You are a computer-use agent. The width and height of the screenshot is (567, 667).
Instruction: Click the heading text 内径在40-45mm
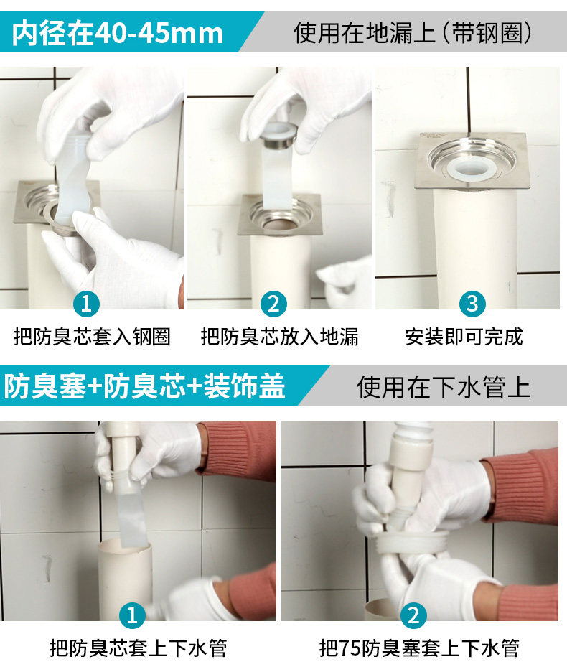coord(118,33)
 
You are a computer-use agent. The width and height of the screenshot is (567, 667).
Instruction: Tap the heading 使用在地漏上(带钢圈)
coord(413,33)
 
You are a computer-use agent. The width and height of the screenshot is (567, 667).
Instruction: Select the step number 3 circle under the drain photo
coord(472,304)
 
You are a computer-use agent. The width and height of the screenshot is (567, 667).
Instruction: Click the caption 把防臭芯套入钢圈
coord(93,337)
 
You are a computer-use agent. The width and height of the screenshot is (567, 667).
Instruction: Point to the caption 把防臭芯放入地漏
coord(279,337)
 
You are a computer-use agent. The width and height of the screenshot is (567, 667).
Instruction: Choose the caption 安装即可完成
coord(464,337)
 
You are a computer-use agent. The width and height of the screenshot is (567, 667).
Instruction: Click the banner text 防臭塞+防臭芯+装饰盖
coord(144,386)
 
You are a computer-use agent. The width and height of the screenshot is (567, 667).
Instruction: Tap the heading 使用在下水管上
coord(444,387)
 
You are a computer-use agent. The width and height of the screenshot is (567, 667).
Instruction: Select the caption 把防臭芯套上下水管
coord(139,648)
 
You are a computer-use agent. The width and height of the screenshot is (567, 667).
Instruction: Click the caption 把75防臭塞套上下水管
coord(419,648)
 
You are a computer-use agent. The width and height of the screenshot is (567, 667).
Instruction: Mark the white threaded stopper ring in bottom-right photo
coord(413,542)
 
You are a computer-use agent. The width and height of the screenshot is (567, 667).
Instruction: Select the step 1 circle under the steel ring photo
coord(86,304)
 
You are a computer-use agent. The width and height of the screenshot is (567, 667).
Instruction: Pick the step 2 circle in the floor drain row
coord(273,304)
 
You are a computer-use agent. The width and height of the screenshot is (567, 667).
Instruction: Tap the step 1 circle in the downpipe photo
coord(132,615)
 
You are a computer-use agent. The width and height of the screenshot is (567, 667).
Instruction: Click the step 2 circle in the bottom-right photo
coord(413,615)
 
